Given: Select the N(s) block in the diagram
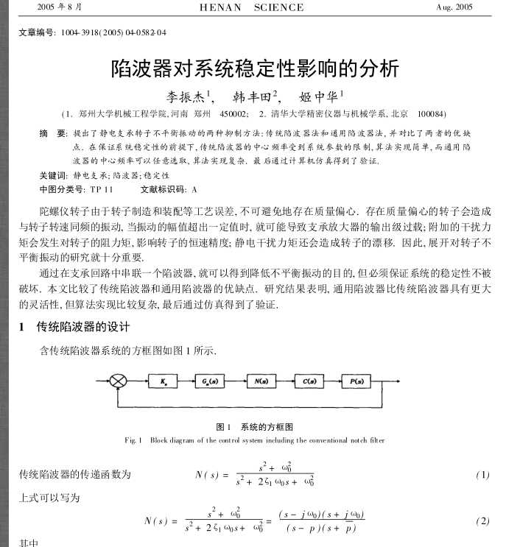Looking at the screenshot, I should pos(259,381).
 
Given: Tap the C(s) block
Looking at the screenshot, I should pos(307,381).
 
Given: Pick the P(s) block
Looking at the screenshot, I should pos(356,381).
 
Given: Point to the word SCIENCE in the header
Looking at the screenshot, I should pos(278,7).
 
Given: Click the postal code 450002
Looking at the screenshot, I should pos(233,115).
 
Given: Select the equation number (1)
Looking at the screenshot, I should pos(482,475).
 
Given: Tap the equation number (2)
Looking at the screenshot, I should pos(482,521).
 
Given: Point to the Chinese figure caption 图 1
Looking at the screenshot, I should pos(224,427).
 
